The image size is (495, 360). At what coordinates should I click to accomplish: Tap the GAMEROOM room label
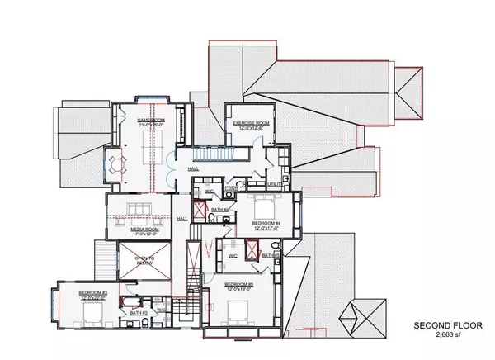coord(152,119)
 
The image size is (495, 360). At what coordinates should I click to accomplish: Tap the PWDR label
coord(232,187)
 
